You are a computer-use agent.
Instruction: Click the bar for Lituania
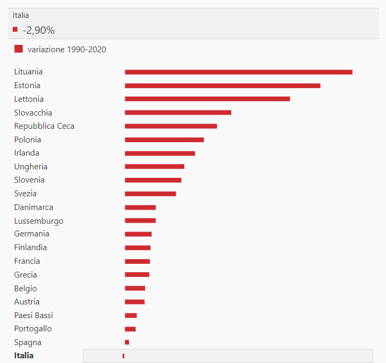(239, 72)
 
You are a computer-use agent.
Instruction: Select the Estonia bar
(222, 85)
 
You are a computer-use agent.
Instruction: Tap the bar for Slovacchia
(178, 112)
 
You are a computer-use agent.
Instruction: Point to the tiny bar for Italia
(124, 356)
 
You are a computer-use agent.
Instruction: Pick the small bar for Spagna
(127, 342)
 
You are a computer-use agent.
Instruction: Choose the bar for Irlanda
(160, 154)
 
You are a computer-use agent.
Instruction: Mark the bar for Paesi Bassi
(131, 316)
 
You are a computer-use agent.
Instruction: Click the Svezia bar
(150, 194)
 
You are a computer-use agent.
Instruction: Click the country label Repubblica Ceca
(44, 126)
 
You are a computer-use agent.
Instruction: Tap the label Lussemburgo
(39, 221)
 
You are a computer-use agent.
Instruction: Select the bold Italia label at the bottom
(24, 356)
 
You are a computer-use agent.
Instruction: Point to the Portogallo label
(33, 329)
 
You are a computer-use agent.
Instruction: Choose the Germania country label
(32, 234)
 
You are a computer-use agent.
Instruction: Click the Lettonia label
(29, 99)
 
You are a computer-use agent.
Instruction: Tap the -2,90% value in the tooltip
(39, 31)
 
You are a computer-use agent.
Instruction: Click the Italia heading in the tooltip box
(21, 15)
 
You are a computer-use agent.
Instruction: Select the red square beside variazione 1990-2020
(18, 49)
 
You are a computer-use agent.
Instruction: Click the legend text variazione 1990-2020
(67, 50)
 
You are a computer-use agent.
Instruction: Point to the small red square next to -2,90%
(15, 30)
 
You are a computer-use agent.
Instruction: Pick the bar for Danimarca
(140, 207)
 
